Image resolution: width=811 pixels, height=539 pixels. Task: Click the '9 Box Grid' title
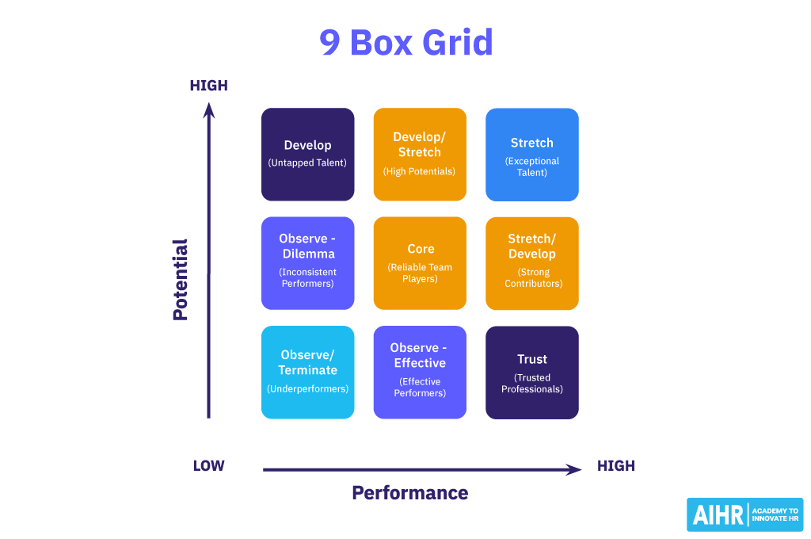(405, 42)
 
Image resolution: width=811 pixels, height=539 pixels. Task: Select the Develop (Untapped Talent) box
(308, 154)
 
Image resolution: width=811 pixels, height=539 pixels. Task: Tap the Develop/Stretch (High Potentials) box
(420, 154)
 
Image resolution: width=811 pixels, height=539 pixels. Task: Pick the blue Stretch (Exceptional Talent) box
(532, 154)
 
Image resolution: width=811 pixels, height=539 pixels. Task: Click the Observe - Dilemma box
(308, 262)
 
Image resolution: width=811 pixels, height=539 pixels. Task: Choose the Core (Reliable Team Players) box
(420, 262)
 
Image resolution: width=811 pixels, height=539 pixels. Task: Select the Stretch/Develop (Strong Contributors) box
(532, 262)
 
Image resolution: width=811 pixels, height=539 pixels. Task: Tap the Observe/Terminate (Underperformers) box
(308, 372)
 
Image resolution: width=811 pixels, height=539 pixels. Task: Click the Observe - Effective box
(420, 372)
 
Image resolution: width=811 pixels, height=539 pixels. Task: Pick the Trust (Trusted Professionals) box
(532, 372)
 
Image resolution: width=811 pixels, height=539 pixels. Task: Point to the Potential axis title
(181, 279)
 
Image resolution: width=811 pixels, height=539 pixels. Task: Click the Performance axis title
(410, 493)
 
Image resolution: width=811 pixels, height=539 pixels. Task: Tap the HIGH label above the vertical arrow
(209, 86)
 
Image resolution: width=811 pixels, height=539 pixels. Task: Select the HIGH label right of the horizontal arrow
(616, 466)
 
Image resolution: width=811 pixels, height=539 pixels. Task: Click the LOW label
(209, 466)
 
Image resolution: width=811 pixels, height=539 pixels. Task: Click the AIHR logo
(744, 514)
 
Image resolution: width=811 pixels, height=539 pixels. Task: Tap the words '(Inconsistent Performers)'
(307, 277)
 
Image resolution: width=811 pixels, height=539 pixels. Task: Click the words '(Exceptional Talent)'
(532, 166)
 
